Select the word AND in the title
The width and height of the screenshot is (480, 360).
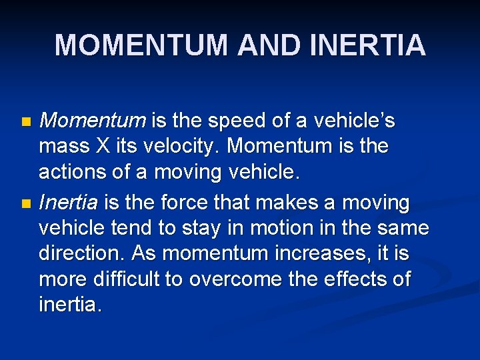(270, 45)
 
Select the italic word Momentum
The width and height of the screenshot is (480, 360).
(93, 121)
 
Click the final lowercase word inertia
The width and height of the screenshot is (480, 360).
(69, 305)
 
